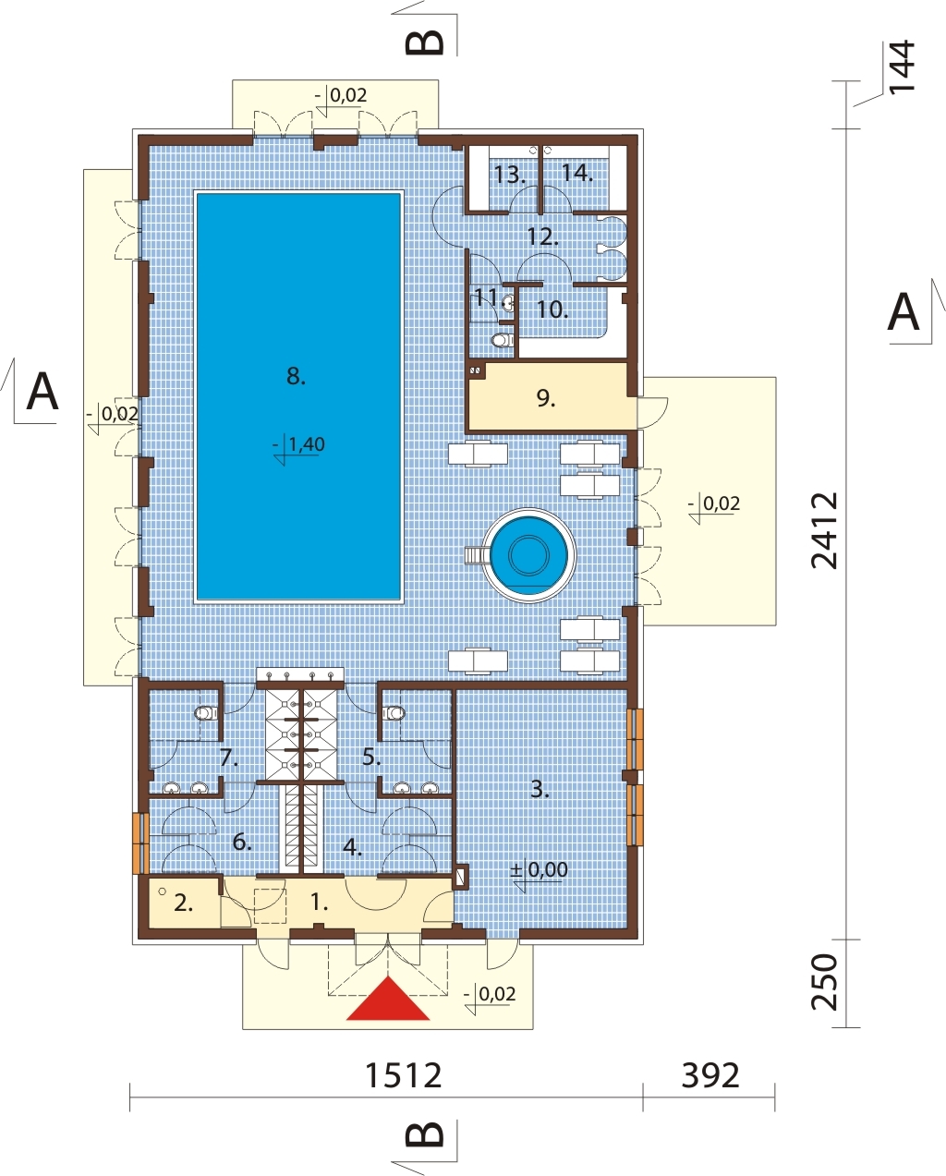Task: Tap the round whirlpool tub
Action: [x=529, y=555]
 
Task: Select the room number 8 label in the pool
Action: [x=296, y=376]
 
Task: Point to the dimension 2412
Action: [x=825, y=530]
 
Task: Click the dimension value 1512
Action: [x=403, y=1075]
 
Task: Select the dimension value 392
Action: [x=709, y=1075]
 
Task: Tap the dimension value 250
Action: [x=825, y=982]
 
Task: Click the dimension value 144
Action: [x=902, y=67]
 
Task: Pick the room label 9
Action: [x=546, y=398]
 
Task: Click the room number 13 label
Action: [x=509, y=175]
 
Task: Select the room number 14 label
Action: [x=577, y=173]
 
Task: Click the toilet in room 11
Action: [x=501, y=340]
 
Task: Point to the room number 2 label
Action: [x=184, y=903]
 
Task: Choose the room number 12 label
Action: [x=542, y=236]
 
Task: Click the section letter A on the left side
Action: [x=42, y=392]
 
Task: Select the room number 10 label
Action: [x=552, y=309]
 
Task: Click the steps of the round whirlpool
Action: [x=474, y=555]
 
